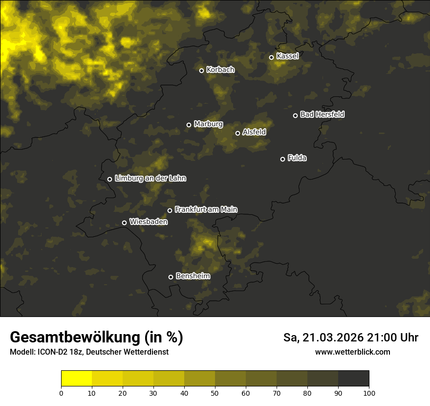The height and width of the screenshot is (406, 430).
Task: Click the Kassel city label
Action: (x=287, y=56)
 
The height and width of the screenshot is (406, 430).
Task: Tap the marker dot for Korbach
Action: (x=201, y=70)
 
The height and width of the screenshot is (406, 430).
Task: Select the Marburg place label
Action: (x=208, y=124)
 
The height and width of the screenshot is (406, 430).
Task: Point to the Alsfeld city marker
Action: (x=237, y=133)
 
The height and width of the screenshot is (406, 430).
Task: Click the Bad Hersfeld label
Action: (x=322, y=114)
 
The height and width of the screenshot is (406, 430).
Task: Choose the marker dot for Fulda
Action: (x=282, y=159)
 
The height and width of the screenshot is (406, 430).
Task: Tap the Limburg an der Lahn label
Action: (x=150, y=179)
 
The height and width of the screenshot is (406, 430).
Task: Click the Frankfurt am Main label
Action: (x=206, y=209)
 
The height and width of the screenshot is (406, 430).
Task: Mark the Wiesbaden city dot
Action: (x=124, y=223)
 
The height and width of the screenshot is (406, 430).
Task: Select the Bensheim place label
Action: (x=193, y=276)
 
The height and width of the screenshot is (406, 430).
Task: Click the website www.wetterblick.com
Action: (x=352, y=352)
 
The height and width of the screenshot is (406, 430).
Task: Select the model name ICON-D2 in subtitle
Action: (x=50, y=352)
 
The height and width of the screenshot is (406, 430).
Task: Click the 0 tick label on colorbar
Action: (x=61, y=393)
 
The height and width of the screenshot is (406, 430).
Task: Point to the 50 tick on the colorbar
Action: (x=215, y=393)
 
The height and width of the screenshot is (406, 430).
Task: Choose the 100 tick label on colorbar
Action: (x=369, y=393)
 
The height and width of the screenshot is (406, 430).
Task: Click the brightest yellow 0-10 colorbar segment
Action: (x=77, y=379)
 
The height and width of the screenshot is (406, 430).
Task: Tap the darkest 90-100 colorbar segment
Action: (x=353, y=379)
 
